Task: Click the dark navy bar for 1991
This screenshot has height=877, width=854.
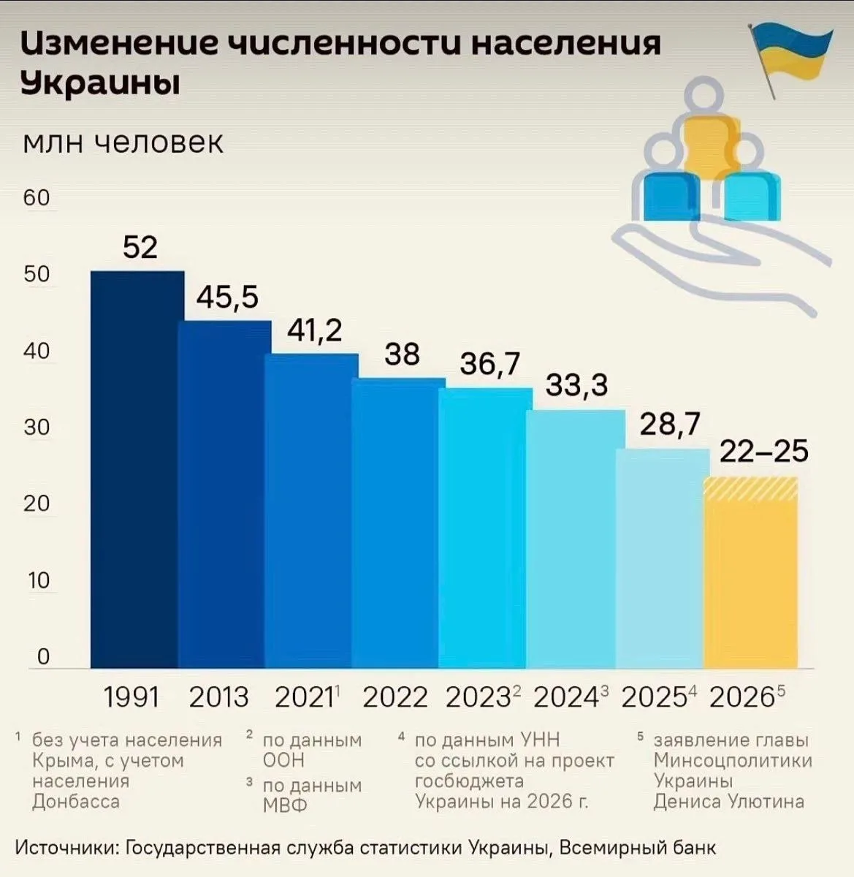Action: pyautogui.click(x=137, y=469)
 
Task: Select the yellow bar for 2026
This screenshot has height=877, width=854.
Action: pyautogui.click(x=751, y=572)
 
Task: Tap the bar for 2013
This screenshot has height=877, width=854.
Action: pyautogui.click(x=225, y=494)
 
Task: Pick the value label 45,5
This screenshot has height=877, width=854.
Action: pyautogui.click(x=227, y=298)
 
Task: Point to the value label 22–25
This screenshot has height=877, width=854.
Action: pyautogui.click(x=764, y=451)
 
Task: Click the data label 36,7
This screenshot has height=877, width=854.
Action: pyautogui.click(x=490, y=364)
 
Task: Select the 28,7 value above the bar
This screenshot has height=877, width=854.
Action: pyautogui.click(x=670, y=424)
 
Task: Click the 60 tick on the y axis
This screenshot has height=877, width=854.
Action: pyautogui.click(x=37, y=197)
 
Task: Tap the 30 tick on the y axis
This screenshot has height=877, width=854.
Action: pyautogui.click(x=37, y=426)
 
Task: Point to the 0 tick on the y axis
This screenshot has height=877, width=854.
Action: pyautogui.click(x=43, y=656)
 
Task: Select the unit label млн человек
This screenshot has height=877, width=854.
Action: pyautogui.click(x=123, y=143)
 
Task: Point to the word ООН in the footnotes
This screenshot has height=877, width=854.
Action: pyautogui.click(x=283, y=761)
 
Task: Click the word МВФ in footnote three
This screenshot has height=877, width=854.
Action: pyautogui.click(x=285, y=805)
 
